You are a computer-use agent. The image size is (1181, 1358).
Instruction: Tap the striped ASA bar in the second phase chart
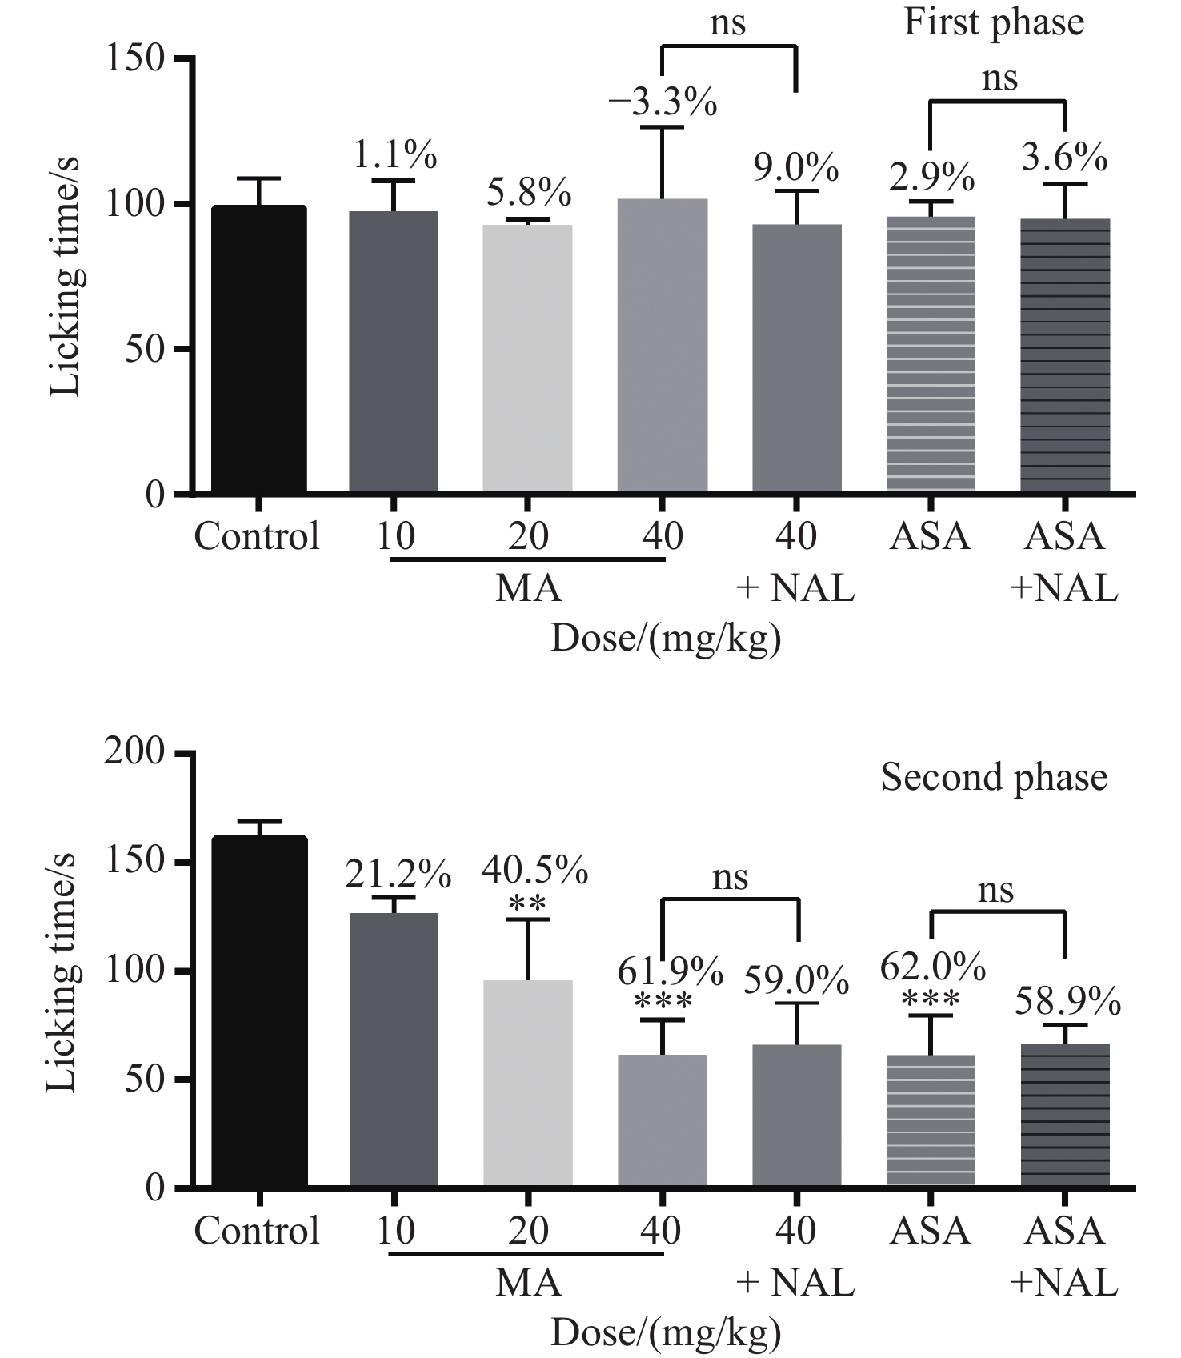[931, 1120]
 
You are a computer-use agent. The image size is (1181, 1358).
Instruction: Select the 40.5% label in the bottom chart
[534, 870]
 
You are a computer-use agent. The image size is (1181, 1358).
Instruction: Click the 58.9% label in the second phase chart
[1067, 1001]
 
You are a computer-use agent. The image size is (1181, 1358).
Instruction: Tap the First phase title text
[994, 22]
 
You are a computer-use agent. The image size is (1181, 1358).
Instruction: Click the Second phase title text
[994, 777]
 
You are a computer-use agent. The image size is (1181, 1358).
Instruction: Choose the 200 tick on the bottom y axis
[134, 754]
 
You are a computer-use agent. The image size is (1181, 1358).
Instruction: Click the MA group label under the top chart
[528, 588]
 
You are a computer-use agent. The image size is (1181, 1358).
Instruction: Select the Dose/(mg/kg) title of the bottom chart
[666, 1333]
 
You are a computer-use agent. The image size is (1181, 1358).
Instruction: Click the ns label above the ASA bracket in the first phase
[999, 78]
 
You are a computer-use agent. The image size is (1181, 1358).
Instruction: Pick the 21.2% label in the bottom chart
[398, 875]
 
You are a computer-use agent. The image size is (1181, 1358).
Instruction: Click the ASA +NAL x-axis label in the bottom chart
[1064, 1256]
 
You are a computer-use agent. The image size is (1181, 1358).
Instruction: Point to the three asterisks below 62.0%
[931, 1001]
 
